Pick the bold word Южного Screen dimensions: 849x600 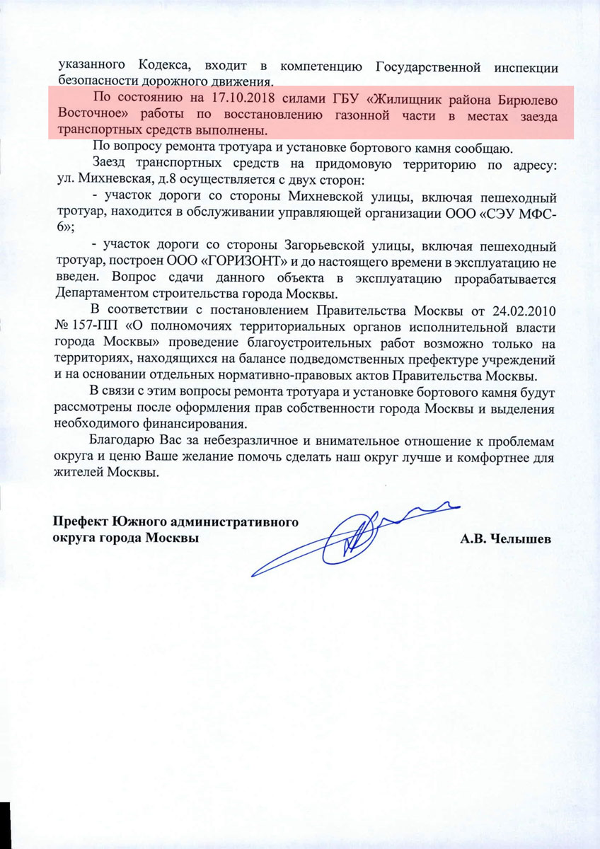pyautogui.click(x=137, y=523)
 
